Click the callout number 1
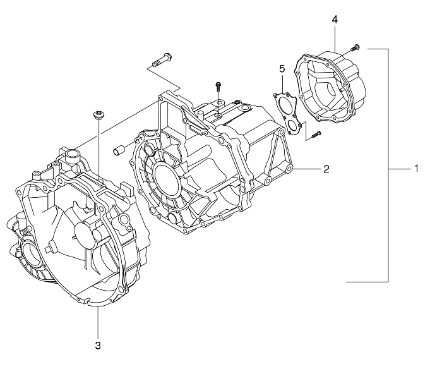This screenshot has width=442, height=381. click(417, 169)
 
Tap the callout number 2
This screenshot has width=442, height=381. click(326, 169)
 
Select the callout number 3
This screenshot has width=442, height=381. click(98, 345)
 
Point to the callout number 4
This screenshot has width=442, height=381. click(335, 20)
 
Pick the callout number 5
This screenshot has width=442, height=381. click(282, 68)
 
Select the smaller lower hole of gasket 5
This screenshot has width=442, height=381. click(292, 126)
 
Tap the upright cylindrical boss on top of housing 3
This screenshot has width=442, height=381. click(71, 154)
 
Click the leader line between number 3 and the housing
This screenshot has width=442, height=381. click(98, 322)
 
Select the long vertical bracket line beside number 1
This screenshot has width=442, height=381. click(388, 164)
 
